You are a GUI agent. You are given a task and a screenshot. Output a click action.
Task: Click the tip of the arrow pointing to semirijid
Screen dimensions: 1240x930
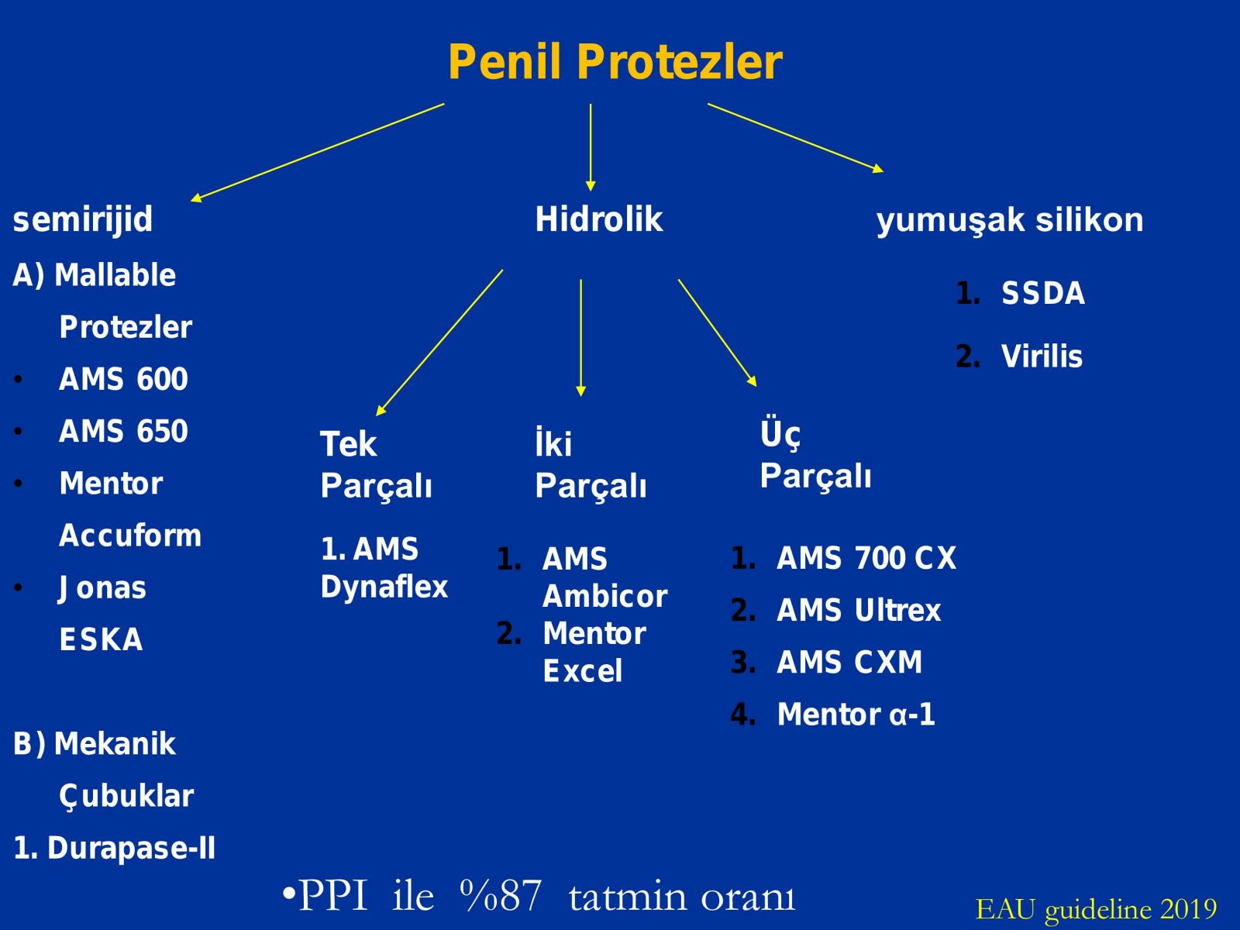191,201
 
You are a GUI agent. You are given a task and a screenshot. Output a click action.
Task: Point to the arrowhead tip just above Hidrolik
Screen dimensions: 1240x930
591,191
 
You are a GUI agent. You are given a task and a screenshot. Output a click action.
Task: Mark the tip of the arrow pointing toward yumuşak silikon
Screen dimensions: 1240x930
883,170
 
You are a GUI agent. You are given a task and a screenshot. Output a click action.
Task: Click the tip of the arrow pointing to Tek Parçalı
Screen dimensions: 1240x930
377,415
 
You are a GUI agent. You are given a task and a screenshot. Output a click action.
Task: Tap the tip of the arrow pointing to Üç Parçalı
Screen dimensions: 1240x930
756,386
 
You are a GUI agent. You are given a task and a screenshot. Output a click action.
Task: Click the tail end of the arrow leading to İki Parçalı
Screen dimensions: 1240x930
580,280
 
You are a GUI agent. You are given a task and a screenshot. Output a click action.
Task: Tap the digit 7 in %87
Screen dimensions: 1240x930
529,896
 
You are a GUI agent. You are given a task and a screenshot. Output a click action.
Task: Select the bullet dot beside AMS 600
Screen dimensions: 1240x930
18,380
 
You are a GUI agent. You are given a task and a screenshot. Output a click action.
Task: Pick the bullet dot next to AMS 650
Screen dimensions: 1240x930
18,432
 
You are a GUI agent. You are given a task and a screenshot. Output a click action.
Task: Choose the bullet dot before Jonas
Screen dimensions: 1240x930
18,588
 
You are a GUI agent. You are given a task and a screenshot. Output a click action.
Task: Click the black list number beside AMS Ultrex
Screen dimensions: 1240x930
743,611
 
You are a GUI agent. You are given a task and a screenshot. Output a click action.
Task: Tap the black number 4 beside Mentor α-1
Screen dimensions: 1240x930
743,715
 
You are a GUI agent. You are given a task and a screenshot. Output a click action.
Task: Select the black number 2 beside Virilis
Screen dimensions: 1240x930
968,356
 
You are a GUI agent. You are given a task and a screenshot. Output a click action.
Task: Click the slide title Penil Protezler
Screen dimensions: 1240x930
615,61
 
